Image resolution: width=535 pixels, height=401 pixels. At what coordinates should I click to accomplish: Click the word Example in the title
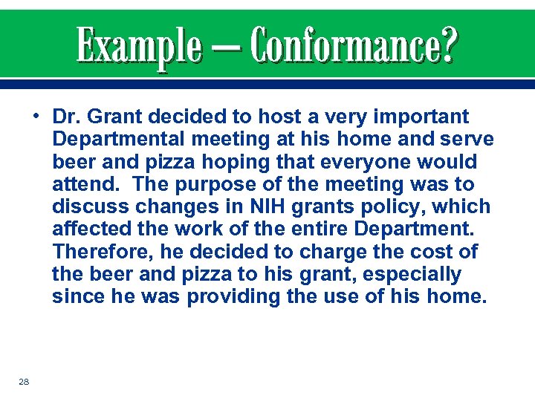pyautogui.click(x=138, y=45)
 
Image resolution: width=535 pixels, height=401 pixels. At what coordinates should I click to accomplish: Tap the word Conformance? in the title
pyautogui.click(x=354, y=45)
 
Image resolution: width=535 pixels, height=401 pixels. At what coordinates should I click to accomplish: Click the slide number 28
pyautogui.click(x=25, y=381)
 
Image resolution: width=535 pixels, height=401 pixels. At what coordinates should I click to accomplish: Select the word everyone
pyautogui.click(x=378, y=162)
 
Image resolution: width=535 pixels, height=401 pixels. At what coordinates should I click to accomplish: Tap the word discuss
pyautogui.click(x=86, y=206)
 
